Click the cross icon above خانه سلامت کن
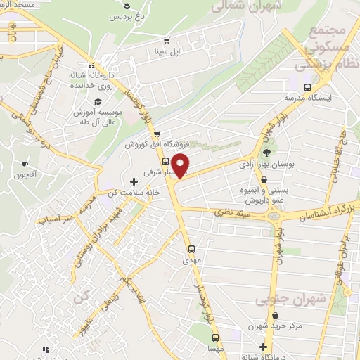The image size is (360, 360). pyautogui.click(x=134, y=182)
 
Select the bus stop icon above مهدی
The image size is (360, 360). pyautogui.click(x=192, y=249)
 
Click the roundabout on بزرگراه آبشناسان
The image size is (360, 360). pyautogui.click(x=272, y=216)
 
